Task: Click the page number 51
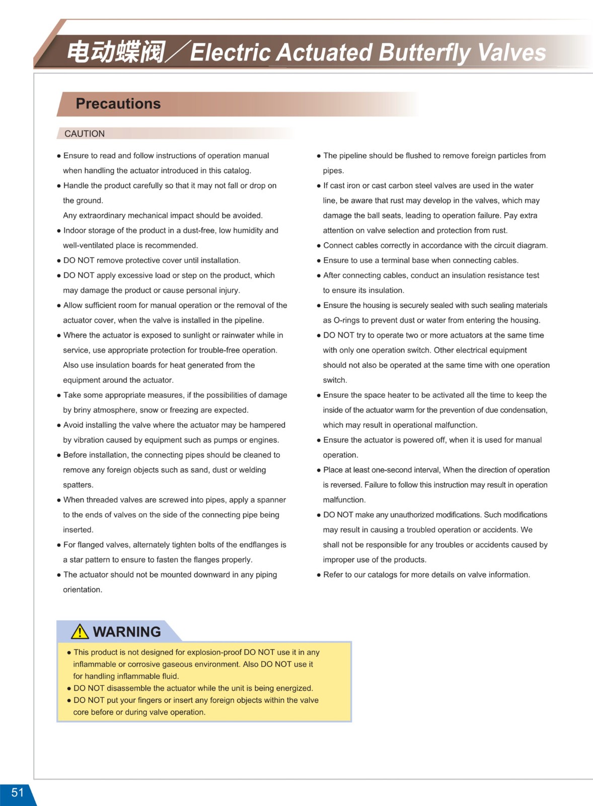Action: [x=18, y=792]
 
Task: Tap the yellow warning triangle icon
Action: [x=80, y=632]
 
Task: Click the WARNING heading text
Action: [x=127, y=632]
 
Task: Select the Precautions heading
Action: [x=118, y=104]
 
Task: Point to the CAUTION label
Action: [x=85, y=133]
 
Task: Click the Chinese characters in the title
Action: [x=116, y=52]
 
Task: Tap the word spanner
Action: [x=271, y=500]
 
